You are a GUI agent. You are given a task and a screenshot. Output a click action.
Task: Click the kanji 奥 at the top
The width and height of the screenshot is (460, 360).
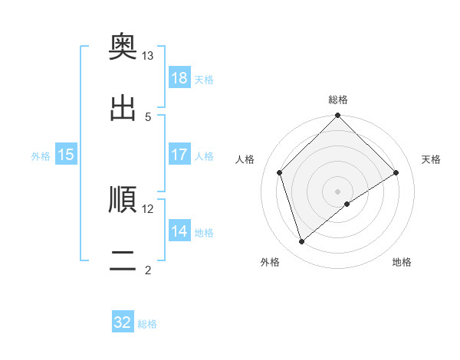[123, 47]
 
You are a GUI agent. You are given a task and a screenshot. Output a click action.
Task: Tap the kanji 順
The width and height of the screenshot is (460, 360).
[123, 199]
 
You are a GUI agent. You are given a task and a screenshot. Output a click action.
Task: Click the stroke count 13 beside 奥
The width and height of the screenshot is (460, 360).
[148, 56]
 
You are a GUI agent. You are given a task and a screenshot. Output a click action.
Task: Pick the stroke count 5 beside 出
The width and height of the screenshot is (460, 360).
[148, 116]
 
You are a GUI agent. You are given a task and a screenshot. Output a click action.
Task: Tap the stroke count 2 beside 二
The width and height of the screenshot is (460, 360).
[148, 270]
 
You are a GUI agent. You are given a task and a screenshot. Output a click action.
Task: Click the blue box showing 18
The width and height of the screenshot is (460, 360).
[179, 78]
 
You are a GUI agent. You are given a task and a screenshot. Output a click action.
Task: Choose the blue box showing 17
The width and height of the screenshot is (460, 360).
[179, 155]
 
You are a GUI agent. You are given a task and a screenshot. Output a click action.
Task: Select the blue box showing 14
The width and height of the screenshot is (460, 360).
[179, 231]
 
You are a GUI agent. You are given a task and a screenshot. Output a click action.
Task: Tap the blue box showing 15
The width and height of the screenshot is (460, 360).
[66, 155]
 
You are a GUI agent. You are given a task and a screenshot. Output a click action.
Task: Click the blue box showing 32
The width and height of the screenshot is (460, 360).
[123, 322]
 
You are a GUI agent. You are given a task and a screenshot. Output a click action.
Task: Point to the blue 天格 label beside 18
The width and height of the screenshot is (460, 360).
[204, 79]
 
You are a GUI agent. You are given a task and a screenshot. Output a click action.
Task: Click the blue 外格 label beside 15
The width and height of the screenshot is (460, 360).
[41, 155]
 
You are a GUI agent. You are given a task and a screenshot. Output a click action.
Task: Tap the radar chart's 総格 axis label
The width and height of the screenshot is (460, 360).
[338, 100]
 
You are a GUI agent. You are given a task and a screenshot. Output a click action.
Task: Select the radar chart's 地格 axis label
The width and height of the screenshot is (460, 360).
[402, 262]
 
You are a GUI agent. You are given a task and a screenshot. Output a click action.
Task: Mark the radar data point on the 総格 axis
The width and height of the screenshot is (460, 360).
[338, 116]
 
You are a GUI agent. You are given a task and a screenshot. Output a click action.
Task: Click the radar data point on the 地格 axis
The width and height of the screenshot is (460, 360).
[347, 204]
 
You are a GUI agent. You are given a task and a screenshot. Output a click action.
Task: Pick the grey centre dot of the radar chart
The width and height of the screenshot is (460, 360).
[338, 191]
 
